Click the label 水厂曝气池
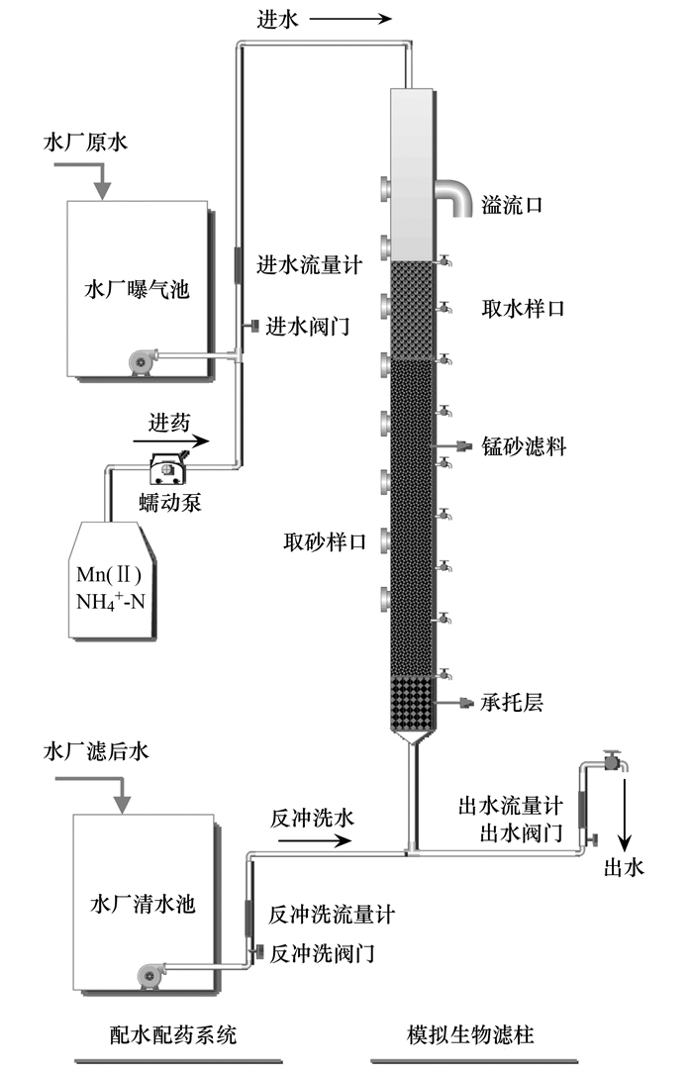pyautogui.click(x=137, y=289)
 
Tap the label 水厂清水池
pyautogui.click(x=143, y=904)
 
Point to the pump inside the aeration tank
pyautogui.click(x=143, y=360)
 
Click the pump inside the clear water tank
pyautogui.click(x=150, y=975)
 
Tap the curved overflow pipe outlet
pyautogui.click(x=457, y=194)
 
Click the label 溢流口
pyautogui.click(x=512, y=205)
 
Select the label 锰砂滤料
pyautogui.click(x=524, y=446)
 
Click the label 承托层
pyautogui.click(x=511, y=702)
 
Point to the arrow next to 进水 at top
pyautogui.click(x=350, y=19)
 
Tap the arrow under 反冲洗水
pyautogui.click(x=311, y=839)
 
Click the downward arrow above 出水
pyautogui.click(x=624, y=812)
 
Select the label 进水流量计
pyautogui.click(x=309, y=265)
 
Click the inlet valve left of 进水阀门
pyautogui.click(x=251, y=326)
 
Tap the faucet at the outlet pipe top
pyautogui.click(x=615, y=760)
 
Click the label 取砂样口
pyautogui.click(x=325, y=542)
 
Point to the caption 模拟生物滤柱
pyautogui.click(x=470, y=1034)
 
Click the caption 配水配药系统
pyautogui.click(x=173, y=1034)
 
